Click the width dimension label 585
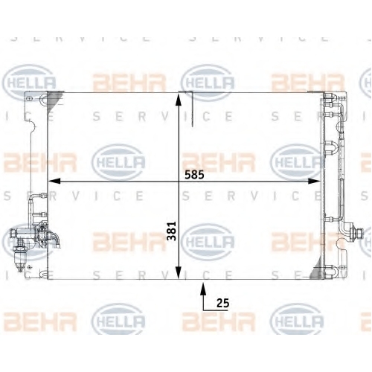click(194, 175)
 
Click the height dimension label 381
click(171, 231)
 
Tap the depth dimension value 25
click(222, 303)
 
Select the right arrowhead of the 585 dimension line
click(314, 182)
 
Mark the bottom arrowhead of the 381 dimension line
click(179, 272)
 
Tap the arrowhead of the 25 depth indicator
click(203, 289)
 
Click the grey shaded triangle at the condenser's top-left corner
click(54, 100)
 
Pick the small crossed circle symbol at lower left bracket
click(30, 267)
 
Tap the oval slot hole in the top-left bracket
click(29, 98)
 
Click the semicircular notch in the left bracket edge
click(33, 126)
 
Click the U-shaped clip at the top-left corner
click(43, 100)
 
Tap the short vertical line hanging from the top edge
click(193, 109)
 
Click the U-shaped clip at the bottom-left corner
click(43, 274)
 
